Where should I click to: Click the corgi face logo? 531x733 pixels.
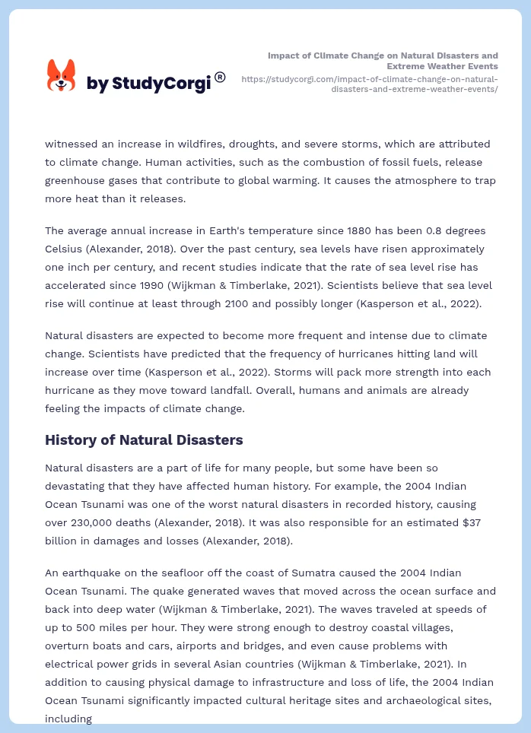point(62,75)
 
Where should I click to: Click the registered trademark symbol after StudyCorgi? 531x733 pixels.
point(220,77)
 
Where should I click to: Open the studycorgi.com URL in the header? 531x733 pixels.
point(370,84)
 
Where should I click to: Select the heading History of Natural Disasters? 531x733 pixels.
point(144,439)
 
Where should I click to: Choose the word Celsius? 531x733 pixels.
point(67,249)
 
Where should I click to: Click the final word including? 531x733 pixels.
point(68,719)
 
